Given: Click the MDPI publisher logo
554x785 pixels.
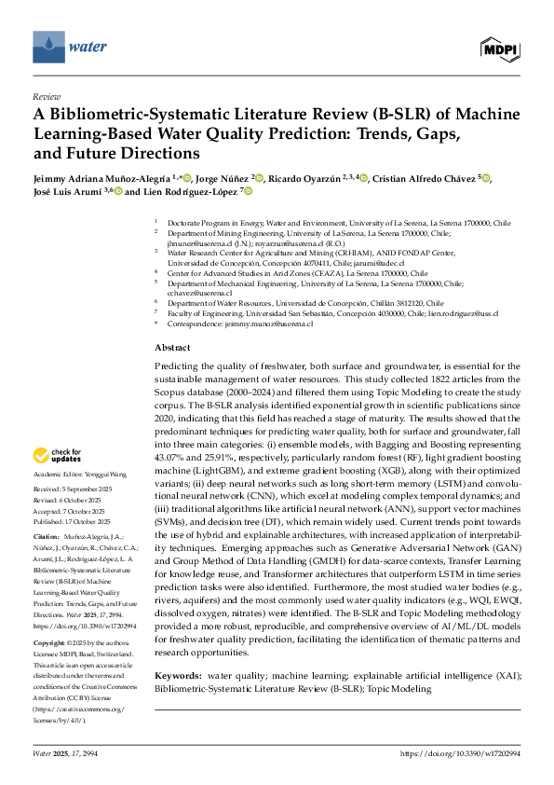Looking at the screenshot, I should coord(500,47).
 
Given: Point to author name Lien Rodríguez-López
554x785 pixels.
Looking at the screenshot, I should coord(194,191).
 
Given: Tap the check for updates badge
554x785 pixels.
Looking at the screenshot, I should coord(58,456).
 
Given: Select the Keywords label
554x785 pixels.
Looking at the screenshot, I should coord(178,672).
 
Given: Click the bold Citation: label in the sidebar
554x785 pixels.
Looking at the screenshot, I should coord(47,539).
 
